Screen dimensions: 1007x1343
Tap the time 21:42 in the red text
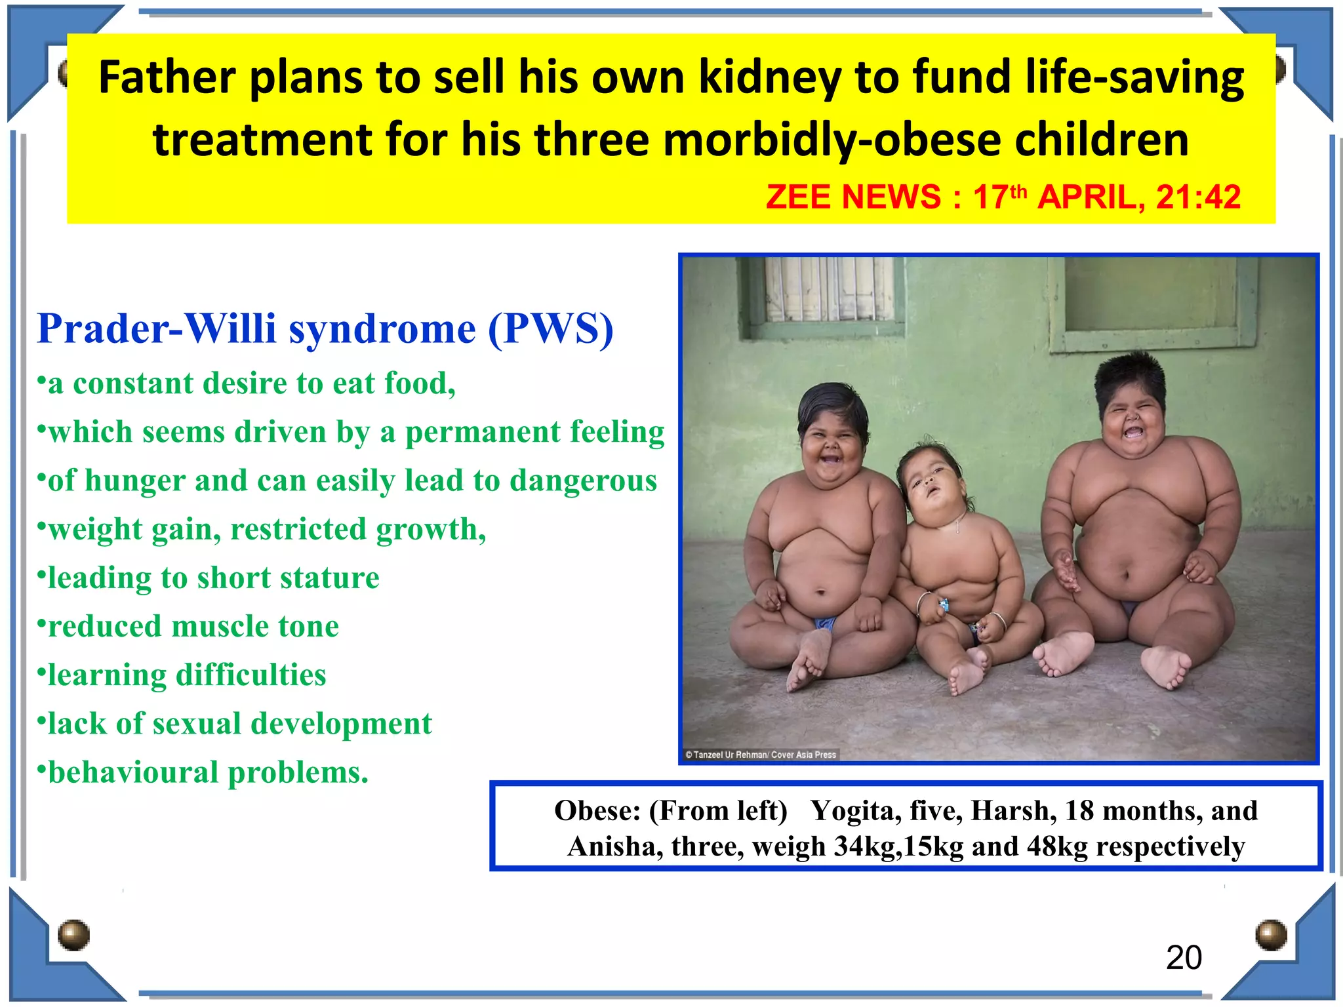[x=1198, y=197]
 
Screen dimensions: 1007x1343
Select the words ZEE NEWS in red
[x=853, y=197]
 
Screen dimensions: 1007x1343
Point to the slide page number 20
[x=1184, y=958]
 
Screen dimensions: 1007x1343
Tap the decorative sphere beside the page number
[x=1271, y=934]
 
